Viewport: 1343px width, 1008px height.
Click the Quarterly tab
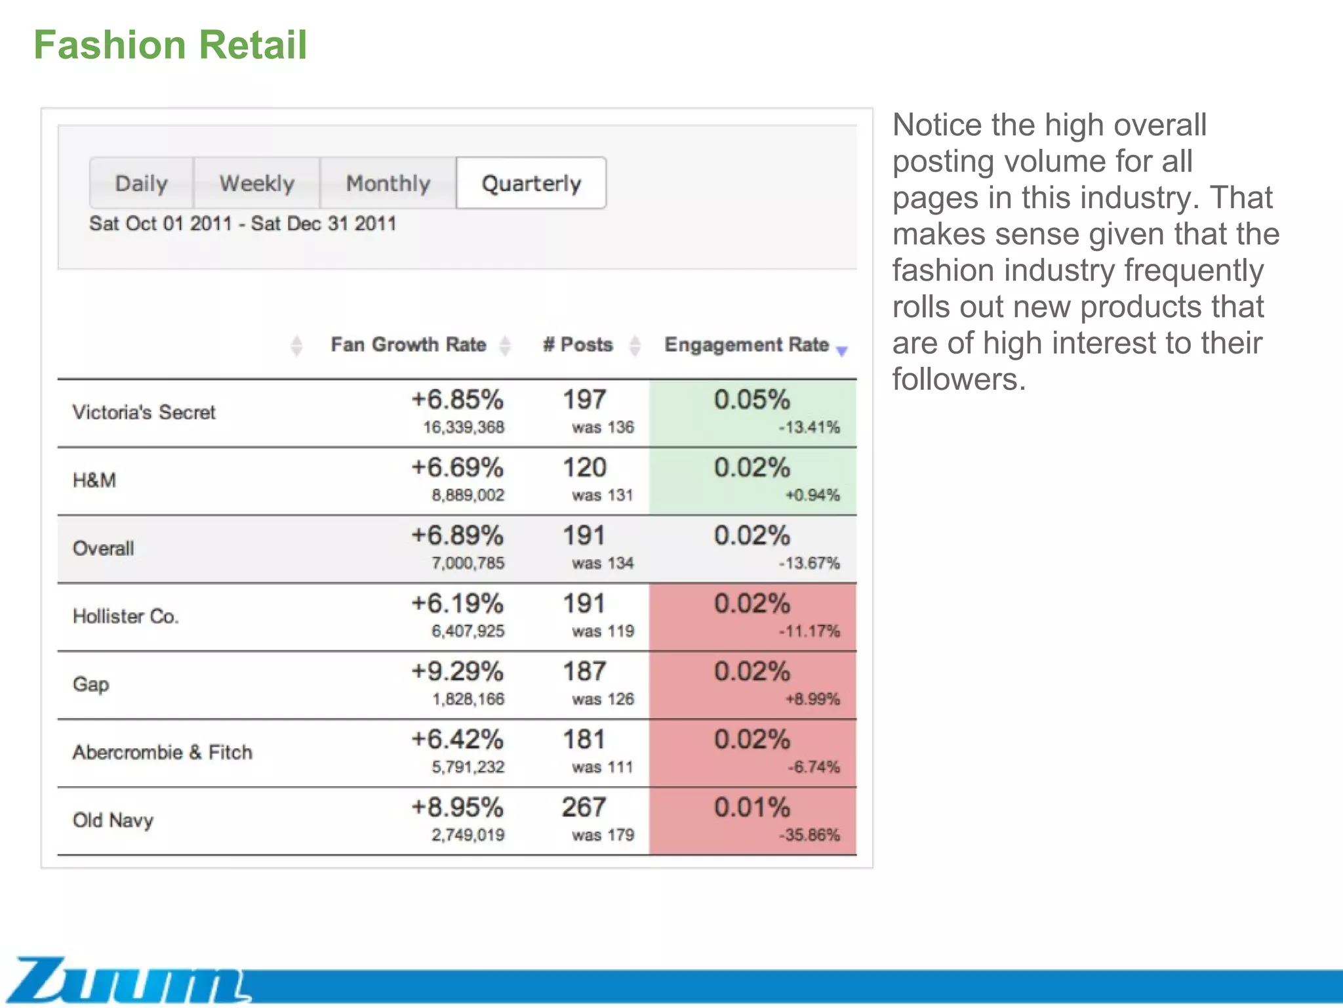(531, 183)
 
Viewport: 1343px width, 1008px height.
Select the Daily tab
(141, 183)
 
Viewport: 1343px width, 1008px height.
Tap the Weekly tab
(256, 183)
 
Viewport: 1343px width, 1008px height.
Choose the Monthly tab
(388, 183)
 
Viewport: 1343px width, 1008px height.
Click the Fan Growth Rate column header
(408, 345)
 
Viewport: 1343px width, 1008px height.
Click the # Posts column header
(578, 345)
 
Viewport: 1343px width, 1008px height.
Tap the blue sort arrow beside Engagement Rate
(842, 351)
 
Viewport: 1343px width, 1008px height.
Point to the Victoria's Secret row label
(144, 412)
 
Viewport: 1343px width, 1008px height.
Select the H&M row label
(94, 480)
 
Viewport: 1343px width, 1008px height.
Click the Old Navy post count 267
(584, 807)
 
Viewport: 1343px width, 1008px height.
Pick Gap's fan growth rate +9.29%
(457, 671)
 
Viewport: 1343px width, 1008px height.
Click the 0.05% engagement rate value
(752, 400)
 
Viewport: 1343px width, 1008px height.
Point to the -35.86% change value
(809, 835)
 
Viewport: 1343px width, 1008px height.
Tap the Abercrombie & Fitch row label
(162, 752)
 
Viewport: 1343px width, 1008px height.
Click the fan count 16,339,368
(463, 427)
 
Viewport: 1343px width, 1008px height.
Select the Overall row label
(103, 549)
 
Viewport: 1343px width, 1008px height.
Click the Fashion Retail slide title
(170, 45)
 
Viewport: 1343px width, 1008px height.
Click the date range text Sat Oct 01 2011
(161, 224)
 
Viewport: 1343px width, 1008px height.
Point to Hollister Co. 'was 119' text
(602, 631)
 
